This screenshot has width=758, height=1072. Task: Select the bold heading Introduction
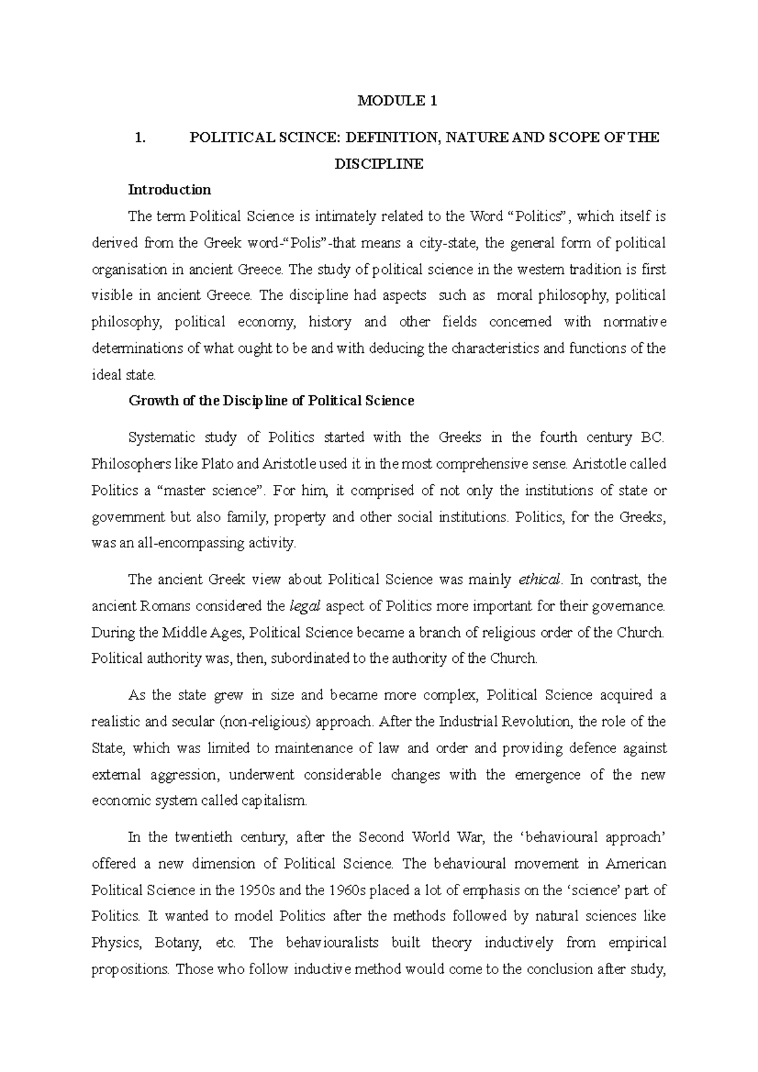[x=169, y=190]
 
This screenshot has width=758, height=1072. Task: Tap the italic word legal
[x=305, y=606]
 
